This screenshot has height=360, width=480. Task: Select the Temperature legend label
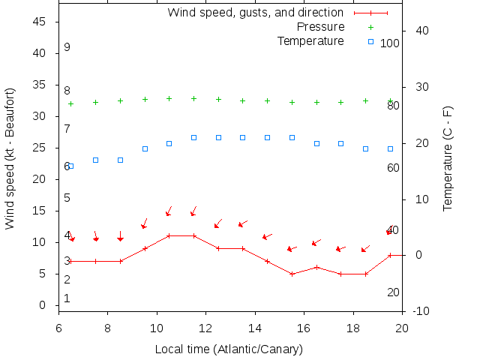pyautogui.click(x=310, y=40)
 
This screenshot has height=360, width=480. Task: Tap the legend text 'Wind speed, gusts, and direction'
pyautogui.click(x=255, y=13)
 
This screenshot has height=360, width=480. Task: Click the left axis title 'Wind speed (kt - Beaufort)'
pyautogui.click(x=10, y=158)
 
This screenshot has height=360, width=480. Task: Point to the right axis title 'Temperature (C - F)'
pyautogui.click(x=448, y=158)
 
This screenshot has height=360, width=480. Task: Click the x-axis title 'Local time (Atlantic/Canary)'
pyautogui.click(x=229, y=349)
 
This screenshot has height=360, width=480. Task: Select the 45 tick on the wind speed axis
pyautogui.click(x=40, y=22)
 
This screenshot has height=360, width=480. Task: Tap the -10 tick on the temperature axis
pyautogui.click(x=421, y=311)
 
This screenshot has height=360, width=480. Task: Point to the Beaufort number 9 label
pyautogui.click(x=67, y=47)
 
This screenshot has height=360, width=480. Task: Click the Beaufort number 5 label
pyautogui.click(x=67, y=198)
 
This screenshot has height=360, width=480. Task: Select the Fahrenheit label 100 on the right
pyautogui.click(x=390, y=43)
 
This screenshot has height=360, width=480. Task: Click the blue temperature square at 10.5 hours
pyautogui.click(x=169, y=143)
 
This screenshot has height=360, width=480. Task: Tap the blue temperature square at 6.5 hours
pyautogui.click(x=70, y=166)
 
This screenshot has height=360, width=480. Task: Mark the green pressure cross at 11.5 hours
pyautogui.click(x=193, y=98)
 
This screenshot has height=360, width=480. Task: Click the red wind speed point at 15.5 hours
pyautogui.click(x=292, y=274)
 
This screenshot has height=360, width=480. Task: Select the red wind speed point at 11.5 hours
pyautogui.click(x=193, y=235)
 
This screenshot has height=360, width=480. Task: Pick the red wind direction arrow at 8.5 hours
pyautogui.click(x=120, y=236)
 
